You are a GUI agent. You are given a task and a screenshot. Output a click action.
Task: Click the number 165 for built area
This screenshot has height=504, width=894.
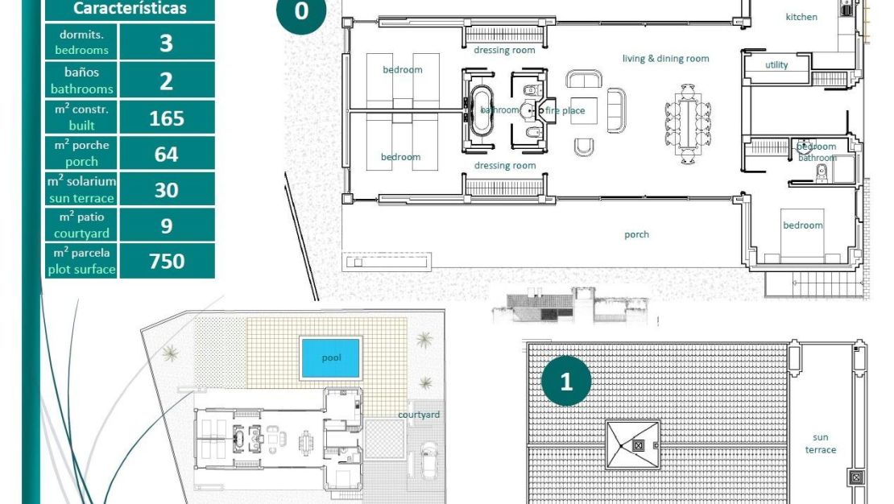point(167,118)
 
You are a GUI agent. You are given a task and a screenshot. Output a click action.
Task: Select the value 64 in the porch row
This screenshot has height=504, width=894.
point(167,154)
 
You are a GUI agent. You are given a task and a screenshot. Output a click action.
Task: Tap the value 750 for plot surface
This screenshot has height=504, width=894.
point(167,261)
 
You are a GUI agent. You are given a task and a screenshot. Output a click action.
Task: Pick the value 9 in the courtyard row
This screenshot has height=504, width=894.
point(167,225)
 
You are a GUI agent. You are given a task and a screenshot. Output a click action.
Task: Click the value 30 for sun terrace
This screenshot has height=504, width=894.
point(167,190)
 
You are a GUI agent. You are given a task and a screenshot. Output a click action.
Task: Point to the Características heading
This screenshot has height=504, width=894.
point(130,9)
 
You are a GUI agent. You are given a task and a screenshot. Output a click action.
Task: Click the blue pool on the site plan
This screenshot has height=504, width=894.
point(330,358)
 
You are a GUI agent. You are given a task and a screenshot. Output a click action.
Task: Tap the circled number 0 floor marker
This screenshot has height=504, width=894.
point(301,12)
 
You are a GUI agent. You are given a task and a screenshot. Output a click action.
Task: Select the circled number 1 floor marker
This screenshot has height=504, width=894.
point(566,381)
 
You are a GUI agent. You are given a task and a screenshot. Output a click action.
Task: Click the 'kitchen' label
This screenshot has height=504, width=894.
point(801,17)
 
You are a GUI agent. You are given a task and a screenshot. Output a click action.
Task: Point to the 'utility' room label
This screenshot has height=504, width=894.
point(776,65)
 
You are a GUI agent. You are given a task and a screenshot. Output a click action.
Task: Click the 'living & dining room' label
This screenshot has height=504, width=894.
point(665,59)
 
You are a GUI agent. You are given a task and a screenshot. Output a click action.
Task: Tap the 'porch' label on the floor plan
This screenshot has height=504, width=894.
point(636,235)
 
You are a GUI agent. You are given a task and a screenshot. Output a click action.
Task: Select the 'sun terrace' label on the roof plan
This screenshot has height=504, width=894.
point(821,444)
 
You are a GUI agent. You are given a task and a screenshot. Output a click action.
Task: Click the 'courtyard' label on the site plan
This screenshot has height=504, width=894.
point(419,415)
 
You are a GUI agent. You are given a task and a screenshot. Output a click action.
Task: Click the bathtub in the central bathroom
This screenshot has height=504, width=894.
point(482,109)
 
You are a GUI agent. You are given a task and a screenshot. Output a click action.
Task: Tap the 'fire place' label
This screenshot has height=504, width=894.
point(565,110)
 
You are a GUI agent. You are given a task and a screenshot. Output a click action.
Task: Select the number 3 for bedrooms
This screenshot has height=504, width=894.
point(167,43)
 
